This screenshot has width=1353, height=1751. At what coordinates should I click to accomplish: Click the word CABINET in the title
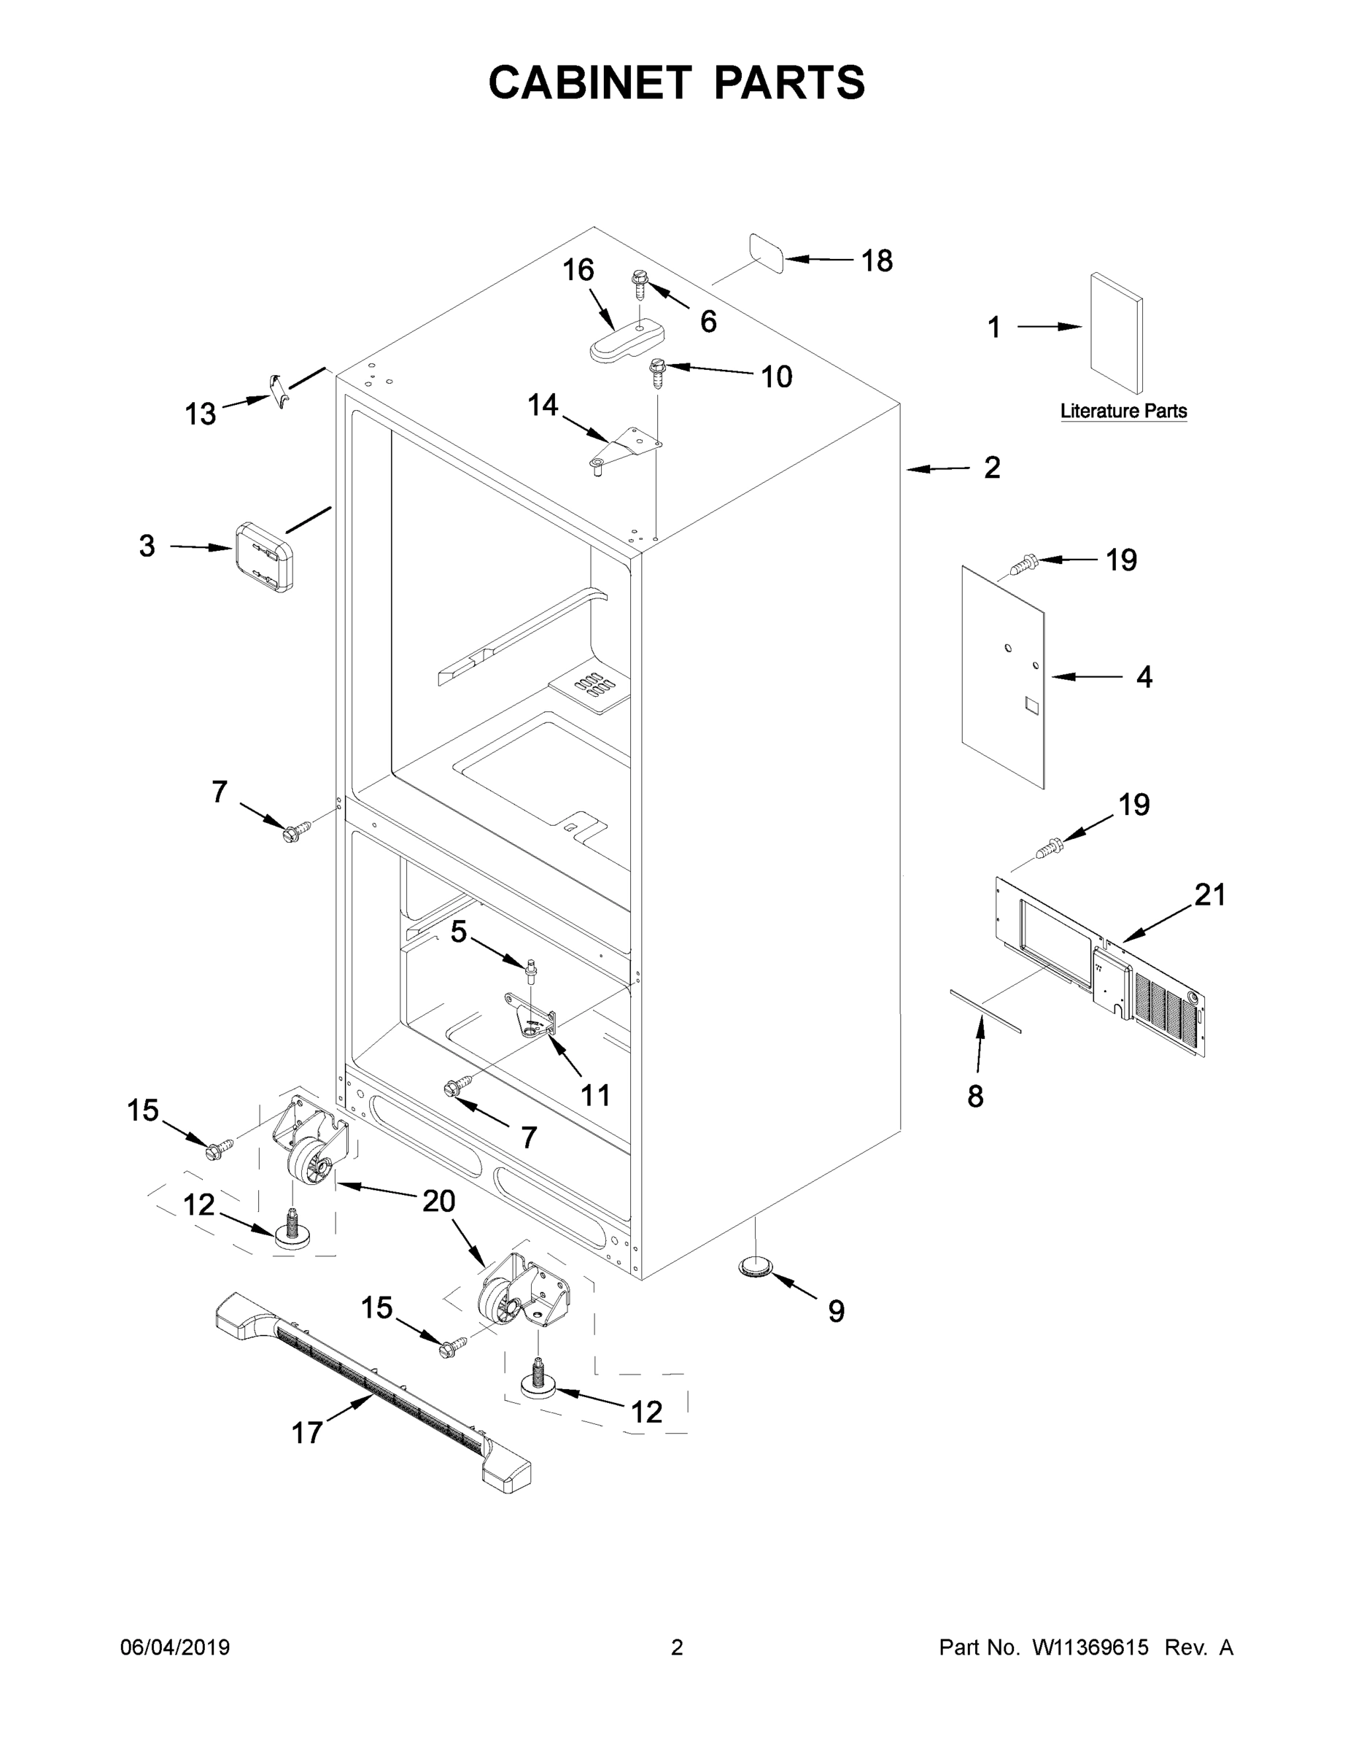pyautogui.click(x=590, y=82)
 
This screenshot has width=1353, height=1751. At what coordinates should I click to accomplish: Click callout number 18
pyautogui.click(x=876, y=260)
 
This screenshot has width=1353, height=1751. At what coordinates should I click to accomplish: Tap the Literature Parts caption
pyautogui.click(x=1123, y=411)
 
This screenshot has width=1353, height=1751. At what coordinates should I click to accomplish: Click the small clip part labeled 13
pyautogui.click(x=278, y=390)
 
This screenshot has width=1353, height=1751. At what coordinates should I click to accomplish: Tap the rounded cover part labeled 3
pyautogui.click(x=264, y=556)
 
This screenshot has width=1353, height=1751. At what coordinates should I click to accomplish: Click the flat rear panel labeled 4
pyautogui.click(x=1004, y=678)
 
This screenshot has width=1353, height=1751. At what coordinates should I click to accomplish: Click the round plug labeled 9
pyautogui.click(x=754, y=1267)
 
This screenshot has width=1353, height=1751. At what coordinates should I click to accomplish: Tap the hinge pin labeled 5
pyautogui.click(x=530, y=970)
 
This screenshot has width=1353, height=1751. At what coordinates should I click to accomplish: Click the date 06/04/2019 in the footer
pyautogui.click(x=175, y=1647)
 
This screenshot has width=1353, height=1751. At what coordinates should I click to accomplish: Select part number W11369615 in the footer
pyautogui.click(x=1090, y=1647)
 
